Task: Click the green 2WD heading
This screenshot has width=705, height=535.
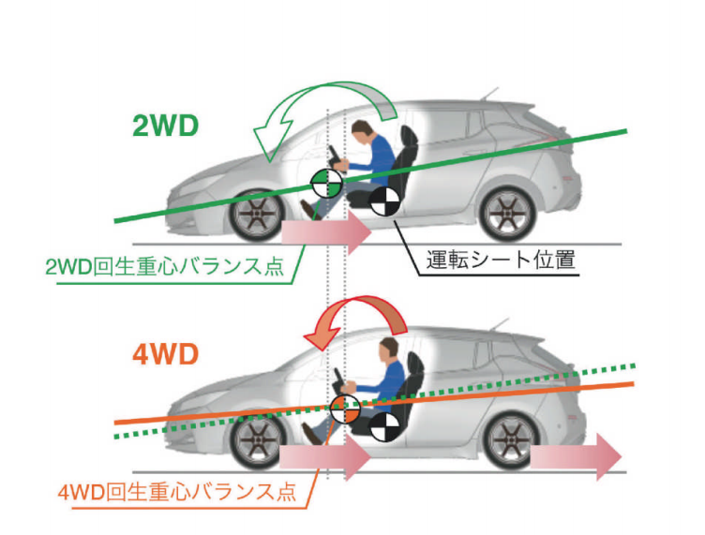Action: click(x=165, y=126)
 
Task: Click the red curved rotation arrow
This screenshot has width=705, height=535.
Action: click(x=355, y=323)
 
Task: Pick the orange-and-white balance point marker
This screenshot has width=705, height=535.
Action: click(x=345, y=409)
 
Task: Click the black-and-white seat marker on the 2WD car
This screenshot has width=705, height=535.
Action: click(x=383, y=201)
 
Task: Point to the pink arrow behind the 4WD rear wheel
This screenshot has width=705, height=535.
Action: click(x=574, y=456)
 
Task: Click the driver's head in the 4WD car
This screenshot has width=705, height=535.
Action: click(x=386, y=350)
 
